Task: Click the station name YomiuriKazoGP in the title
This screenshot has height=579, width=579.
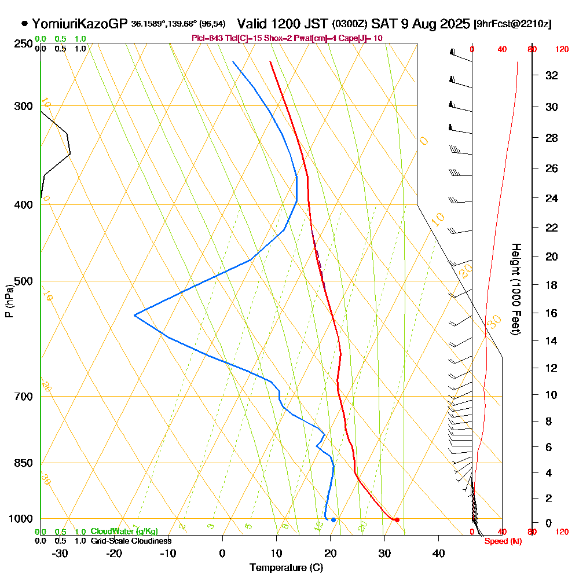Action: pos(80,24)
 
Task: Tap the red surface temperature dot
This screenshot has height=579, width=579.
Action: pos(397,519)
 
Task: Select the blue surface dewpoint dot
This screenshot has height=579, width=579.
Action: pos(333,519)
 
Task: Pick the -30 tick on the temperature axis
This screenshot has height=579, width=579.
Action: pos(60,553)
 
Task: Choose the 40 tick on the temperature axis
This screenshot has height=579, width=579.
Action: pos(438,553)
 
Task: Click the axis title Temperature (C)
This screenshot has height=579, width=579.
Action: pos(286,567)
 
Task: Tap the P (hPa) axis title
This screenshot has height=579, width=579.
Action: pos(9,301)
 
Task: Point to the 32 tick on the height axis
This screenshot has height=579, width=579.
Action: pos(552,75)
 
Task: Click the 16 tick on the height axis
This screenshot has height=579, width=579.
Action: pos(552,313)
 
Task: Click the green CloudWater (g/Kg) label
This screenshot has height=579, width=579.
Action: pos(124,532)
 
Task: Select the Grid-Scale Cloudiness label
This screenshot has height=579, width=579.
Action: pos(130,541)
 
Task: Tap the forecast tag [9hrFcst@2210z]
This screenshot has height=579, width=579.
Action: pos(512,24)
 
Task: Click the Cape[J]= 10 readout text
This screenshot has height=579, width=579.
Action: pos(362,38)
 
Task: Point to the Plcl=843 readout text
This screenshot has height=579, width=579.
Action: pos(206,38)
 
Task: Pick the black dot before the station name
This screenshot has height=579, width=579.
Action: pos(24,24)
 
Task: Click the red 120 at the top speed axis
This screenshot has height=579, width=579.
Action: pos(561,50)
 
